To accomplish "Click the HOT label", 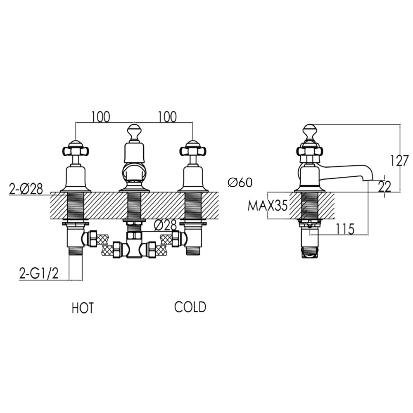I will click(83, 308).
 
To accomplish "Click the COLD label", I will click(190, 307).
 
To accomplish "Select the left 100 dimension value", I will click(101, 117).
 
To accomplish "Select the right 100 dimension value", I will click(167, 117).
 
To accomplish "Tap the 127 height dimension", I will click(400, 160).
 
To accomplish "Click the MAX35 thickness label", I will click(267, 205).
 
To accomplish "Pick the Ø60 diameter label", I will click(240, 182).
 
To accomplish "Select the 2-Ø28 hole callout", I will click(26, 189).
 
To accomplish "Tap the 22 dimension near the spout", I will click(385, 187).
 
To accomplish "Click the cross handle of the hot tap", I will click(75, 151).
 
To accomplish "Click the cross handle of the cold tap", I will click(193, 151).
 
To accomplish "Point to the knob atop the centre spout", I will click(133, 131).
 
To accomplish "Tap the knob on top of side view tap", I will click(310, 131).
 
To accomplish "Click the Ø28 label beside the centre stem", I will click(165, 225).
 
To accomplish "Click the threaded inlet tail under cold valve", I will click(193, 250).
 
